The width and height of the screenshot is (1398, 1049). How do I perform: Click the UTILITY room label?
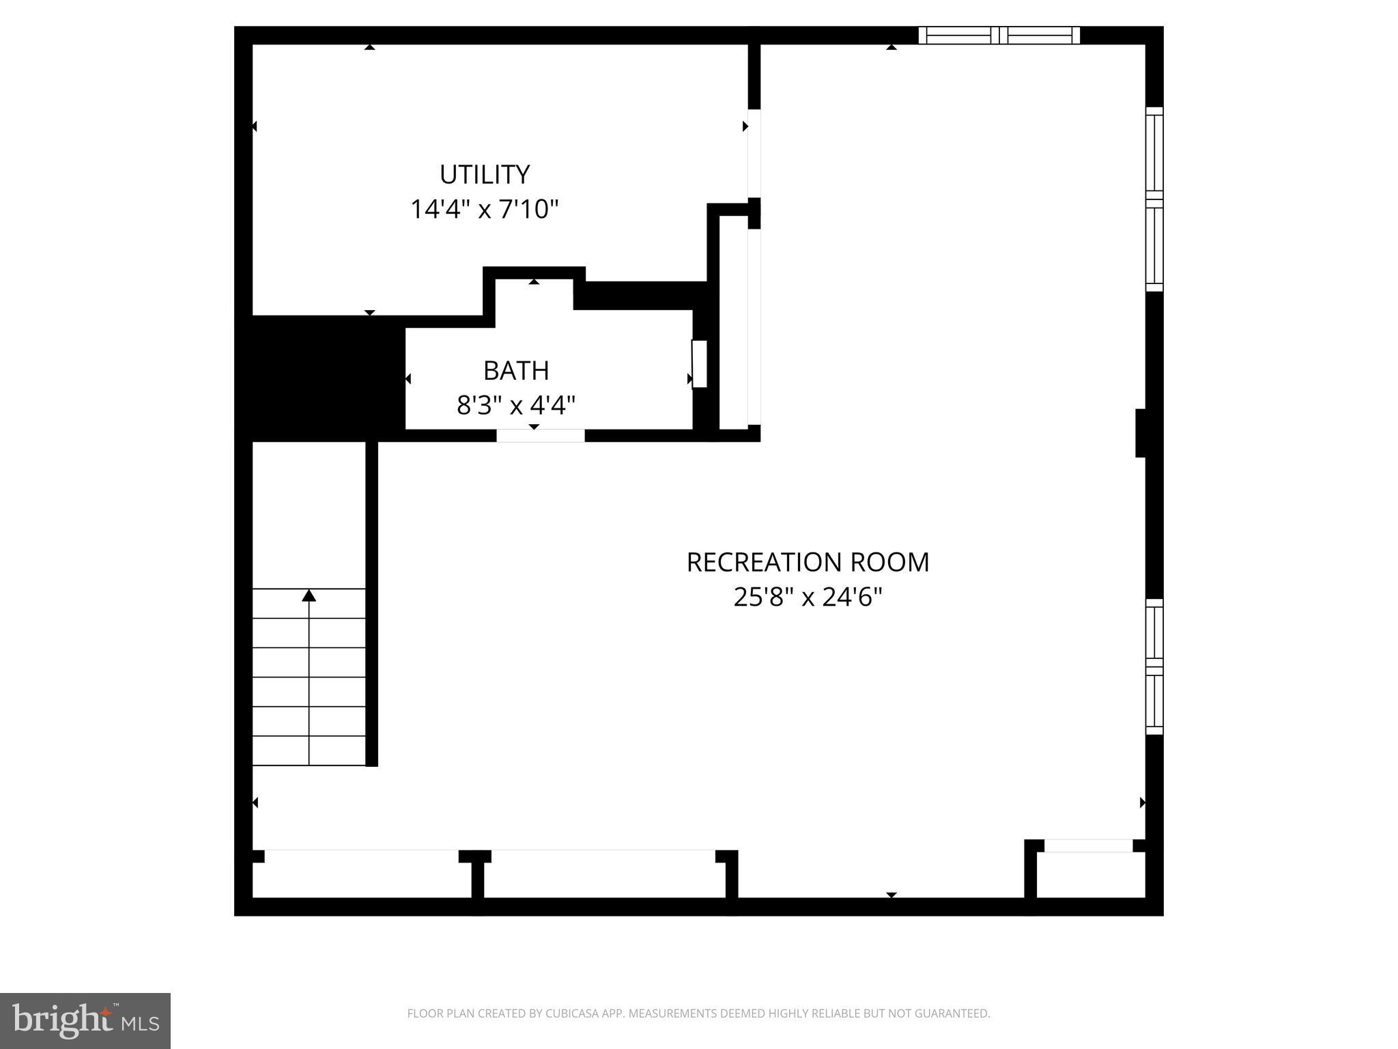[485, 175]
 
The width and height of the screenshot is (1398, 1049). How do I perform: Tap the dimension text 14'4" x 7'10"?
[484, 209]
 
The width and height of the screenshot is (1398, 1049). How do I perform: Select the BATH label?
[516, 371]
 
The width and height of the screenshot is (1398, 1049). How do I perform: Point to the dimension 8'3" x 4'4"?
[516, 406]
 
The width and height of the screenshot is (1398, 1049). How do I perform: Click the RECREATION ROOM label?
[808, 563]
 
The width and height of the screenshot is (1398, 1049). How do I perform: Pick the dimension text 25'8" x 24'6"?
[808, 598]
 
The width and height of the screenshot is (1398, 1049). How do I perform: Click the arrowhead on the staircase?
[309, 596]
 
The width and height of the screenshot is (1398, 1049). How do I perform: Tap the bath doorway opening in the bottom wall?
[540, 436]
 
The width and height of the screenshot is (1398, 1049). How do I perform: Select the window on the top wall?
[999, 35]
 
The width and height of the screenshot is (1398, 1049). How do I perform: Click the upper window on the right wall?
[1154, 199]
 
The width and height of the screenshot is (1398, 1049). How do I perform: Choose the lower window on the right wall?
[1154, 667]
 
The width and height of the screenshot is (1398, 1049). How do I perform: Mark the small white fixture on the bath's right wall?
[699, 364]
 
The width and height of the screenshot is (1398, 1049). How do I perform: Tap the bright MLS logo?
[85, 1021]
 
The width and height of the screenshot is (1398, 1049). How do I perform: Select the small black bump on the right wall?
[1140, 432]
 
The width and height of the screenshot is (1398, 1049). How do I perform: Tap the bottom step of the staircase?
[309, 751]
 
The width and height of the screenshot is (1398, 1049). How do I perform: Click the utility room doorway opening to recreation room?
[754, 154]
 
